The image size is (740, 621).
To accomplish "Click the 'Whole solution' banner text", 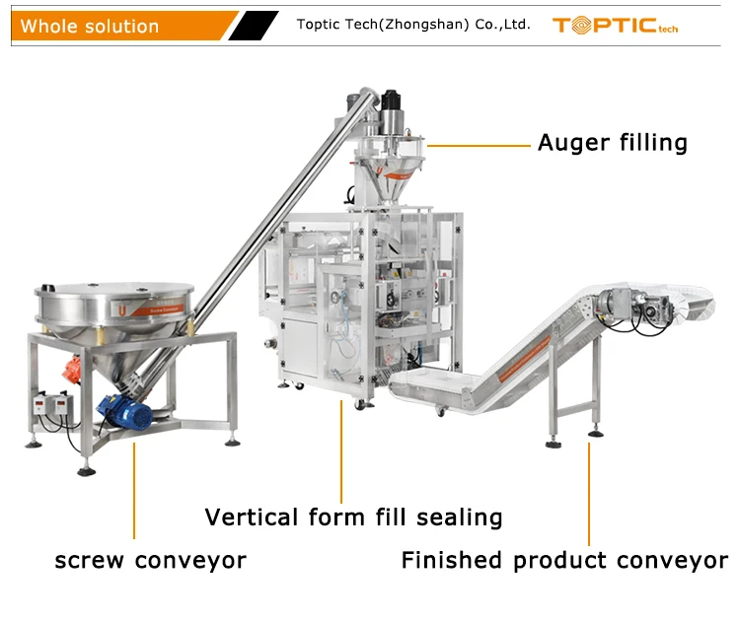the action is point(90,27).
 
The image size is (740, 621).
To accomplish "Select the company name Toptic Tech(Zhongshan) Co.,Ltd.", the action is point(413,25).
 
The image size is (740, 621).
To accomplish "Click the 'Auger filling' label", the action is point(612,143).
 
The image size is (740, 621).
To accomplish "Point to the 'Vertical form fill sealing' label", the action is point(353,517).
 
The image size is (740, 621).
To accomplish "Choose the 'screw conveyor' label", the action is point(150,561).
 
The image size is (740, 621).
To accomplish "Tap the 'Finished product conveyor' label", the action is point(563,561).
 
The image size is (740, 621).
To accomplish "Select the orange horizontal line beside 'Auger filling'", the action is point(480,146).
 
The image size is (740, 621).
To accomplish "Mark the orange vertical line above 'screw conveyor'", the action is point(135,492).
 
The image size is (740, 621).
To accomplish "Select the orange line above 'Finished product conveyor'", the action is point(590,494).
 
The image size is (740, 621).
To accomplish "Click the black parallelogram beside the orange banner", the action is point(254,26).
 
